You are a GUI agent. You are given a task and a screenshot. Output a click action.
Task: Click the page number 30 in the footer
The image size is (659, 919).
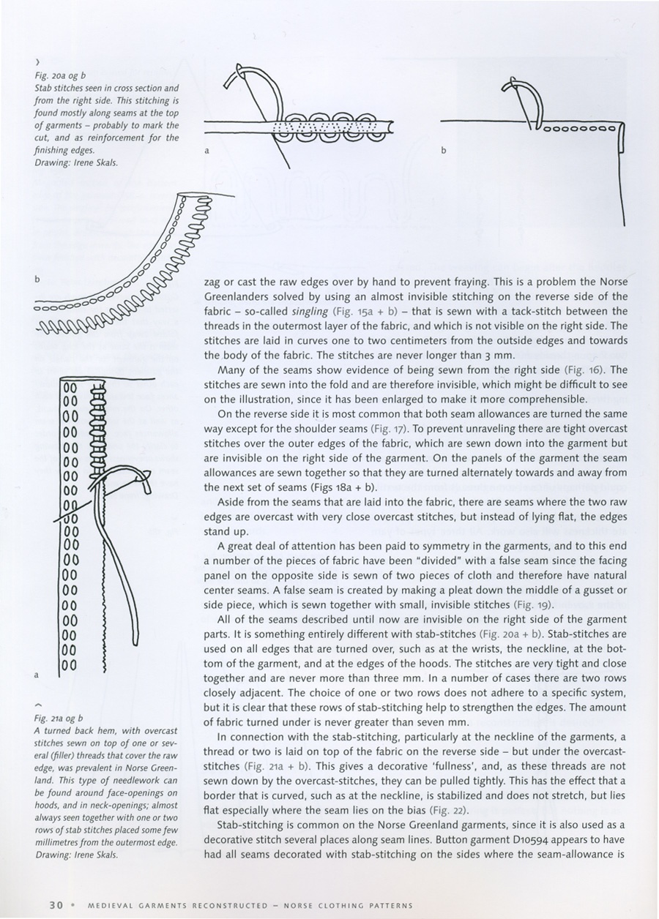(x=56, y=904)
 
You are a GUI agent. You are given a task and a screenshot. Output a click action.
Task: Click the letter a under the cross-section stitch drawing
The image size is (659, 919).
(x=207, y=150)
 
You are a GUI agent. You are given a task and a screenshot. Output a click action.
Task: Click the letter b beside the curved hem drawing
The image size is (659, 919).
(x=36, y=280)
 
